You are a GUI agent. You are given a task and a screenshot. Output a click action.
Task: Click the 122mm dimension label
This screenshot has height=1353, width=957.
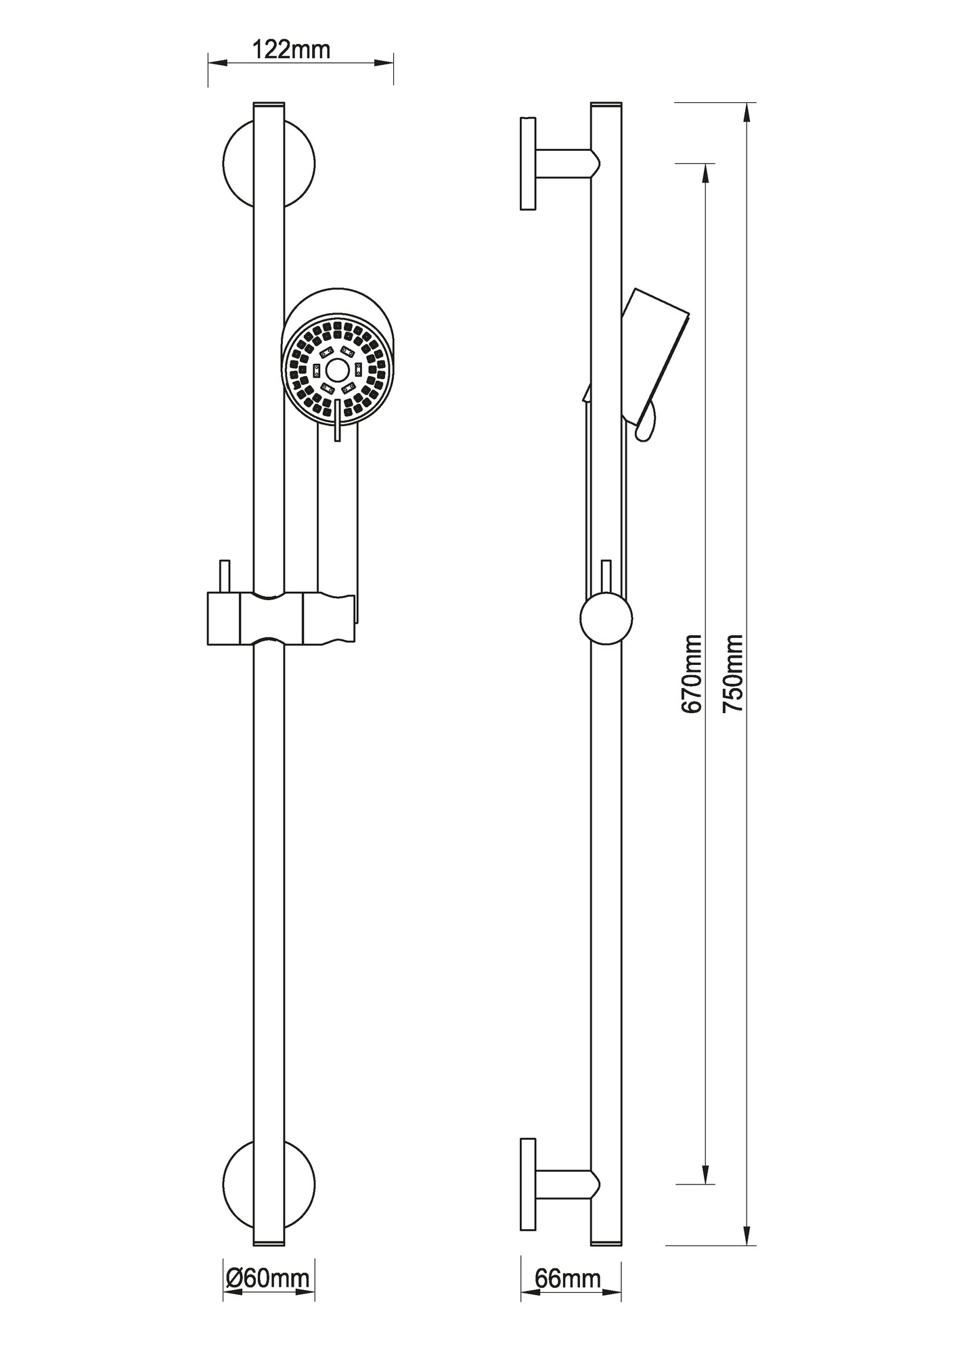(x=291, y=50)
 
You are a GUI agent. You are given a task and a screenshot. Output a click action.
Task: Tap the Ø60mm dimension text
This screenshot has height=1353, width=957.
(x=268, y=1279)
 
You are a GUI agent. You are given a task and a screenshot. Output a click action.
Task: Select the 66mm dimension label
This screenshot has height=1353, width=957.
(x=567, y=1279)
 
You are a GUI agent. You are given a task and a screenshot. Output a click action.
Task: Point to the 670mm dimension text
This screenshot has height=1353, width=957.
(x=692, y=674)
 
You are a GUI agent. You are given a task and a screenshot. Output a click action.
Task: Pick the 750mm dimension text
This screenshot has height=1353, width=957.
(x=733, y=674)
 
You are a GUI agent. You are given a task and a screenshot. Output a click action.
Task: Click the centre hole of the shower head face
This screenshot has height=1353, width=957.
(x=336, y=369)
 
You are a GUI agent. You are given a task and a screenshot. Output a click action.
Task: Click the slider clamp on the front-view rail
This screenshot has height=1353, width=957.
(x=282, y=617)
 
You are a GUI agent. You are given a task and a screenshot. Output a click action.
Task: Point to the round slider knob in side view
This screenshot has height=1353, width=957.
(x=606, y=618)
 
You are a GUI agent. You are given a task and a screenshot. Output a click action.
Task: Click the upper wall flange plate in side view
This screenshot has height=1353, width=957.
(x=528, y=164)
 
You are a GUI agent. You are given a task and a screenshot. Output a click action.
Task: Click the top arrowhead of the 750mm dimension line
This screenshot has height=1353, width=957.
(x=748, y=112)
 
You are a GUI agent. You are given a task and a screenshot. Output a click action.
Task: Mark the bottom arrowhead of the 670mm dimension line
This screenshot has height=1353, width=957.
(x=706, y=1174)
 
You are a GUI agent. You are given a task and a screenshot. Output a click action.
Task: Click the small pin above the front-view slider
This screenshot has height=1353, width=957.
(x=225, y=576)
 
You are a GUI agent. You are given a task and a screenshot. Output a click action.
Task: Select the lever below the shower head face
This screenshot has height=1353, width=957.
(x=337, y=420)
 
